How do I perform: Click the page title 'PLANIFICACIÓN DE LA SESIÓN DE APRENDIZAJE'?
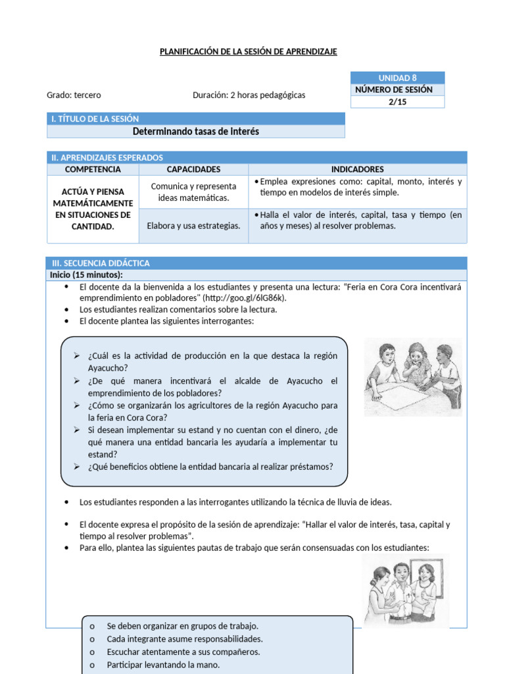coord(249,51)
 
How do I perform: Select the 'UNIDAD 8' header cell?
coord(398,78)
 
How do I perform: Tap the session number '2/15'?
coord(398,102)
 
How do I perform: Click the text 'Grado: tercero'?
coord(74,95)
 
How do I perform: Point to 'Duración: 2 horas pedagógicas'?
coord(249,95)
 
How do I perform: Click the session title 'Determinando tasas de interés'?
coord(196,132)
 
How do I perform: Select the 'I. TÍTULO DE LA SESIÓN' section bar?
coord(196,118)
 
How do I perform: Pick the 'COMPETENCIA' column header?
coord(93,169)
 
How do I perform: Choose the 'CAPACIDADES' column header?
coord(193,169)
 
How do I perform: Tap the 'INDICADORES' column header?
coord(357,169)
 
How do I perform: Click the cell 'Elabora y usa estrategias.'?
coord(193,226)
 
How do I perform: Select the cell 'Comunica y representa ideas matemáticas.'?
coord(193,192)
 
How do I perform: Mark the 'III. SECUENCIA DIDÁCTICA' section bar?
coord(256,263)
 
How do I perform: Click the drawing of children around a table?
coord(413,376)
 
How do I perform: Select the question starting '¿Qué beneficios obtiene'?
coord(210,467)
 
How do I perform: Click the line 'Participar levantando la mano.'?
coord(163,665)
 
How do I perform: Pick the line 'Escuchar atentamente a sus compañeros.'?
coord(183,652)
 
